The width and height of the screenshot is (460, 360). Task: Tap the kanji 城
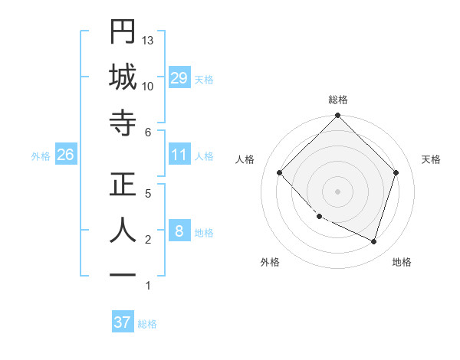point(123,76)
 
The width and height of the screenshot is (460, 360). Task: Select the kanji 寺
point(123,123)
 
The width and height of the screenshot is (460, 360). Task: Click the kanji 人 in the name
point(123,230)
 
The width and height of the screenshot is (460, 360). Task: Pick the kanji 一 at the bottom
point(123,275)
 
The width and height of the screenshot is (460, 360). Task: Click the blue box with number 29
point(179,78)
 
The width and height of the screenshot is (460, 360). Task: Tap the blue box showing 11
point(179,155)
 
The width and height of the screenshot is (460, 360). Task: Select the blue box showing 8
point(179,232)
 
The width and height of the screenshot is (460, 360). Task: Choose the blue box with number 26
point(66,155)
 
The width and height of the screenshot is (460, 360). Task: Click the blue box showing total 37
point(123,322)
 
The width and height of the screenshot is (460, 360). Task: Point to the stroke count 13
point(149,39)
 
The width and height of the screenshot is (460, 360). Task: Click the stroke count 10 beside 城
point(148,86)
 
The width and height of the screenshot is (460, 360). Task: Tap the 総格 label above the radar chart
point(338,100)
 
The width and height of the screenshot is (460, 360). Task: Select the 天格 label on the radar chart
point(431,159)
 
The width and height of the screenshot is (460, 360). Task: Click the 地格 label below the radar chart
point(402,262)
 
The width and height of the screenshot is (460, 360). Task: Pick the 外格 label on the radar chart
point(270,262)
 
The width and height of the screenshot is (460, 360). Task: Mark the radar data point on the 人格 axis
point(280,173)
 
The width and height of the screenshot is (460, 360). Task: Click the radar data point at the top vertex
point(337,116)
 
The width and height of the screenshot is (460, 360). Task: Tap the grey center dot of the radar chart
point(337,191)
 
